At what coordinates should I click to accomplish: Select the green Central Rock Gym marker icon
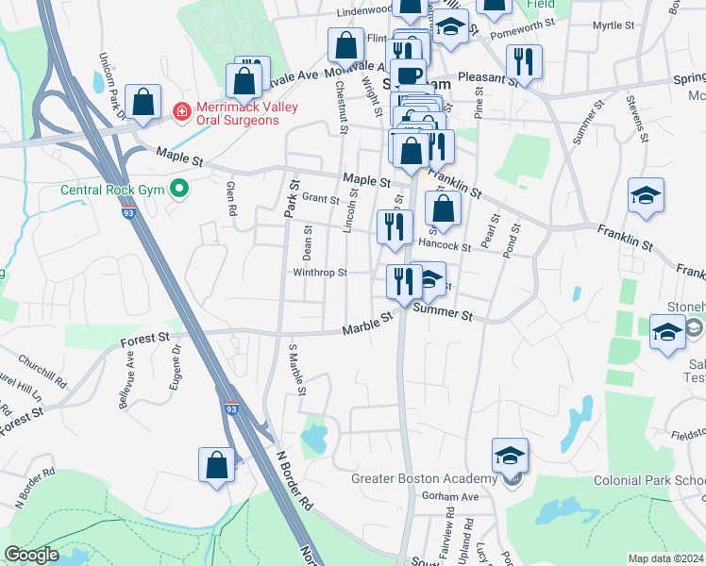[177, 190]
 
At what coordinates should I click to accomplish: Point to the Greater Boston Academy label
[425, 478]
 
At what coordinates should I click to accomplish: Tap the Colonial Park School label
[649, 480]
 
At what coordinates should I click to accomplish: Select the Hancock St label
[445, 245]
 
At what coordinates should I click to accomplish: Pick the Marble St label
[366, 326]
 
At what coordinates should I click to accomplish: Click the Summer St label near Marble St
[443, 311]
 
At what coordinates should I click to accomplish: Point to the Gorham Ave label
[456, 496]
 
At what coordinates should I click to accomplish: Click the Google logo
[31, 555]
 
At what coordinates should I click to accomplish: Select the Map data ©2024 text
[665, 558]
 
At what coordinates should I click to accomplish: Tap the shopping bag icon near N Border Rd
[216, 463]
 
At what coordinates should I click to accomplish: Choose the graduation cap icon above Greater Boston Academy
[510, 456]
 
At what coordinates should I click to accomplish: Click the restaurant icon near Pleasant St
[522, 61]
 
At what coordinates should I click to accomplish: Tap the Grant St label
[320, 199]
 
